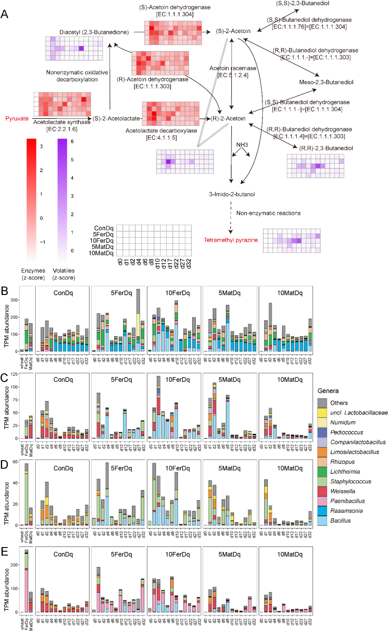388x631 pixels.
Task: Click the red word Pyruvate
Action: coord(17,119)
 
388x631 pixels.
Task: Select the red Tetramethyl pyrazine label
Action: coord(231,240)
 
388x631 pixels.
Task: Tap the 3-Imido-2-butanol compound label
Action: coord(232,194)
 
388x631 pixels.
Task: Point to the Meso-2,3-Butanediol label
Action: coord(326,82)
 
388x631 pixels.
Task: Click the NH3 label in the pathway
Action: coord(242,145)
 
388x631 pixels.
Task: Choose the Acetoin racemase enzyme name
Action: coord(233,68)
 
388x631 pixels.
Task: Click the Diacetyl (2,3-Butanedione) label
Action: coord(94,32)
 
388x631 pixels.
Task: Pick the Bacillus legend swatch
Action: coord(322,521)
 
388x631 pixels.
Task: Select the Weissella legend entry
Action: coord(342,491)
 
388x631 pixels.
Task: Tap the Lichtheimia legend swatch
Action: coord(322,472)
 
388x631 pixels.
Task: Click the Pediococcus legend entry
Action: coord(346,432)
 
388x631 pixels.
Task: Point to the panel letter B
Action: coord(5,291)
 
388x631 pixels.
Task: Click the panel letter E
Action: coord(5,551)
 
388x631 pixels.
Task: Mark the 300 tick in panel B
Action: coord(14,300)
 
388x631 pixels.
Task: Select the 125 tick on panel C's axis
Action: coord(14,374)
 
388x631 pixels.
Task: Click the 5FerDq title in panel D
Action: coord(121,468)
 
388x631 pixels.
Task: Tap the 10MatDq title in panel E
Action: coord(290,555)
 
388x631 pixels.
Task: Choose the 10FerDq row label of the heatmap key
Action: coord(101,241)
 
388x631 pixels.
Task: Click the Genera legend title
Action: coord(328,391)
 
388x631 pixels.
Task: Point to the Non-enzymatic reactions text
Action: coord(268,213)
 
